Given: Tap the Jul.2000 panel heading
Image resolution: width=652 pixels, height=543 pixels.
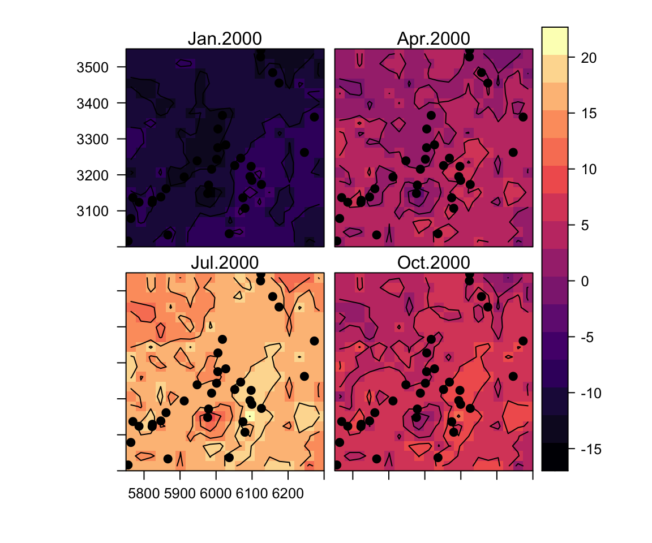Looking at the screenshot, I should pyautogui.click(x=225, y=263).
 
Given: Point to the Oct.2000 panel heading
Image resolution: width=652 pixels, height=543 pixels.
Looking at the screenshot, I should pyautogui.click(x=434, y=263).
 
